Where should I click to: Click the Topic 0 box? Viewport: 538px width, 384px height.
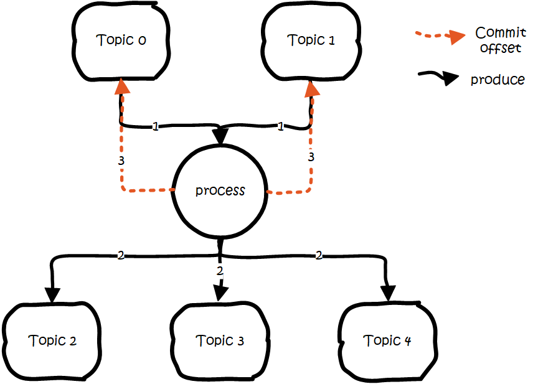click(x=121, y=41)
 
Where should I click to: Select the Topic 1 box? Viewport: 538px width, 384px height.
click(x=311, y=41)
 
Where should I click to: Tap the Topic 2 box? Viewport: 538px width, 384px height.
click(x=53, y=341)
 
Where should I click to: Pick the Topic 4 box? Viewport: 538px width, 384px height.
click(x=388, y=341)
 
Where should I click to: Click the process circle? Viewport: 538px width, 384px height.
click(x=220, y=190)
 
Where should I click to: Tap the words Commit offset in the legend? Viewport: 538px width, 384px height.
click(x=499, y=40)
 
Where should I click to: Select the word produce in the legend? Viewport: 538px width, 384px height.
click(x=497, y=80)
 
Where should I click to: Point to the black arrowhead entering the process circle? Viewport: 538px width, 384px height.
click(x=220, y=136)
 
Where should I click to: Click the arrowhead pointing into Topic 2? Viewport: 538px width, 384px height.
click(x=52, y=293)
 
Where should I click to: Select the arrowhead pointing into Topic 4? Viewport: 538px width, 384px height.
click(x=389, y=293)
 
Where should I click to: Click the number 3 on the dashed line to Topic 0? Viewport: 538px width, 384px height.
click(x=121, y=161)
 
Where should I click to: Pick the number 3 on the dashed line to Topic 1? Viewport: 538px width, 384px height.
click(x=311, y=157)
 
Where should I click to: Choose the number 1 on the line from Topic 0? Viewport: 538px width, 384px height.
click(x=155, y=126)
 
